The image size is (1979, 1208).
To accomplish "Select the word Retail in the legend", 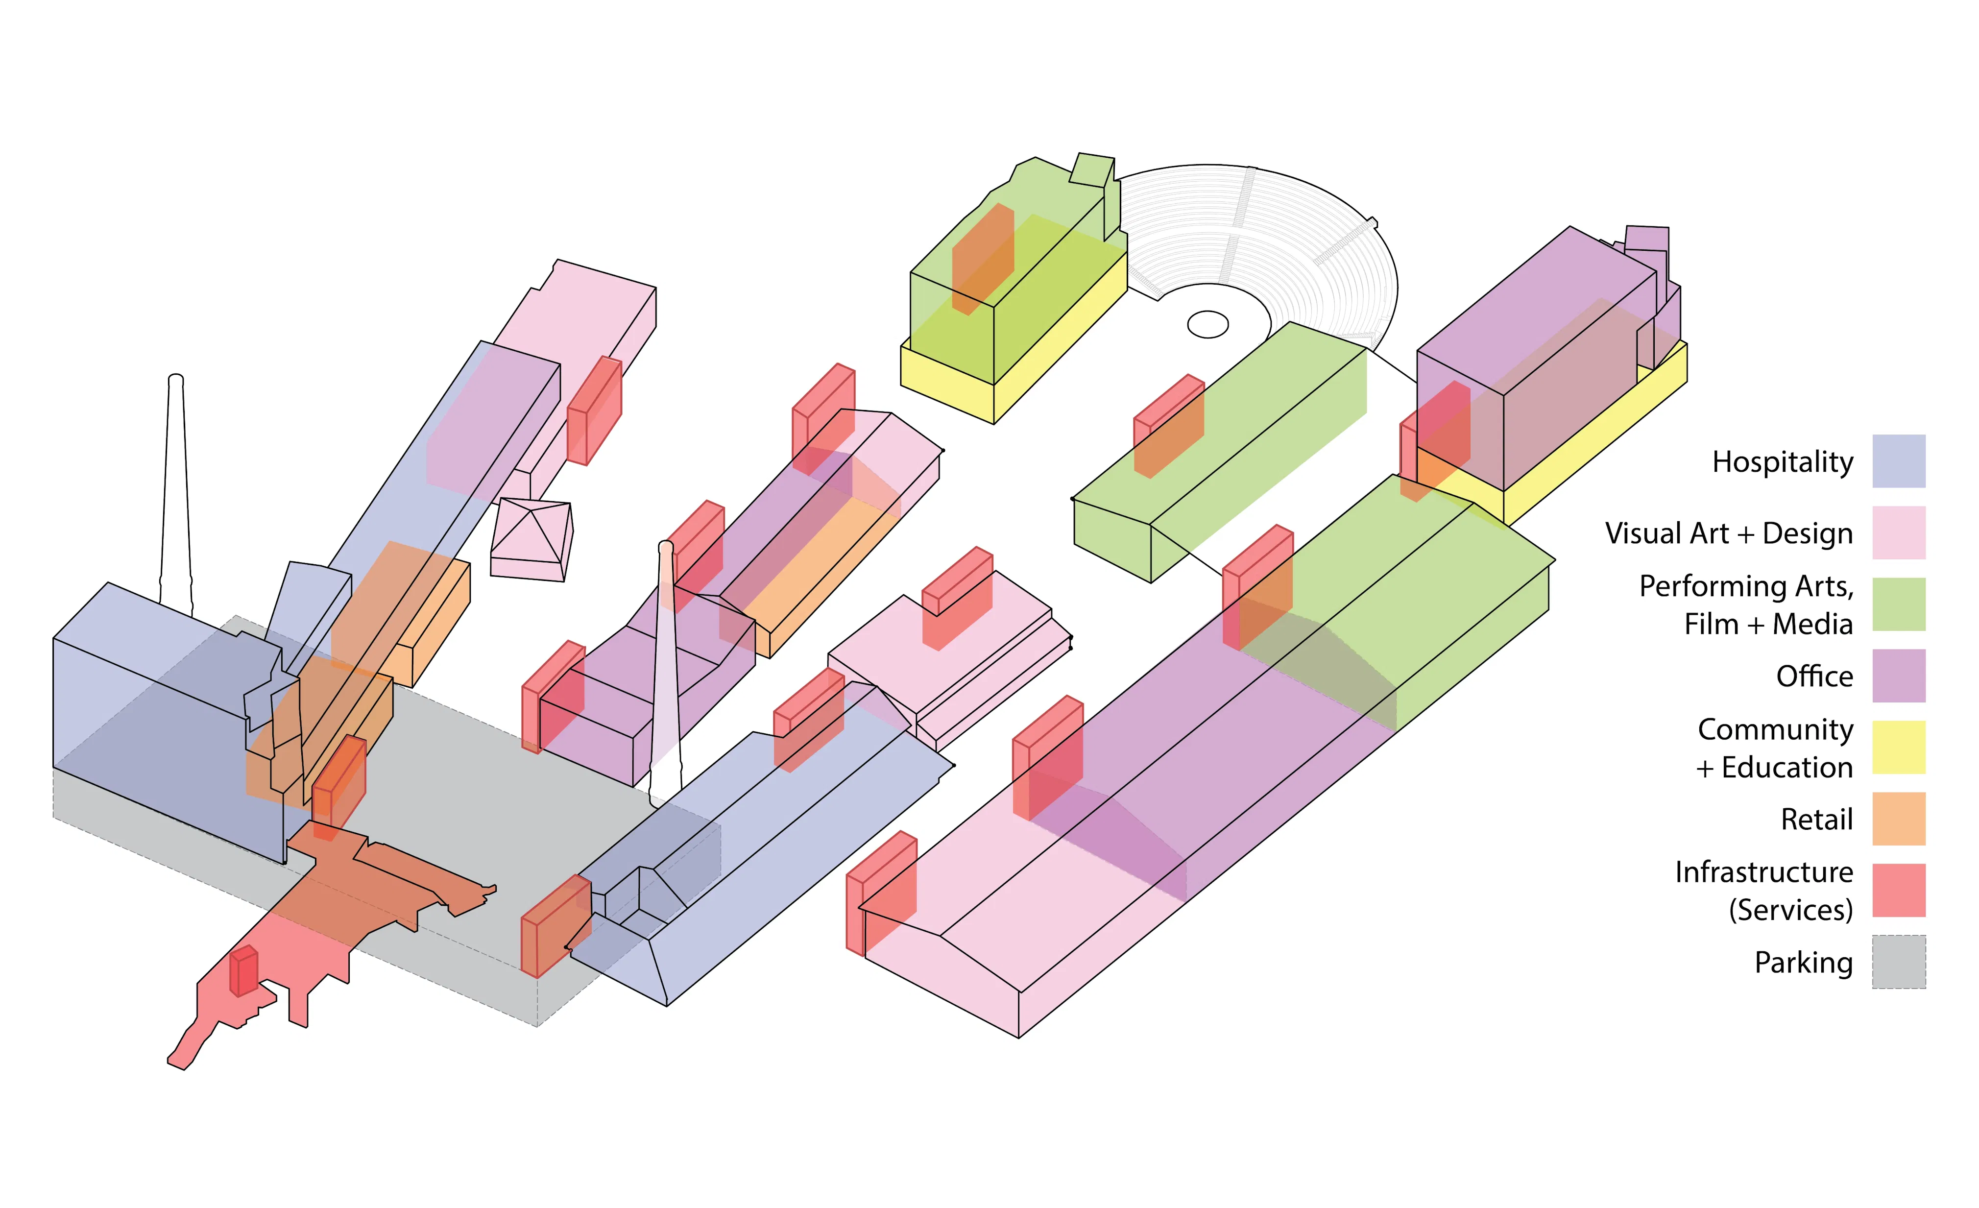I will pyautogui.click(x=1817, y=819).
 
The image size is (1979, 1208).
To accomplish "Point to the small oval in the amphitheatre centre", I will pyautogui.click(x=1207, y=324).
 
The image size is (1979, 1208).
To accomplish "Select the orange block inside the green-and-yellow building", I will pyautogui.click(x=982, y=257).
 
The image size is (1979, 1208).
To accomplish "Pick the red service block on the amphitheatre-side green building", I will pyautogui.click(x=1169, y=426).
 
